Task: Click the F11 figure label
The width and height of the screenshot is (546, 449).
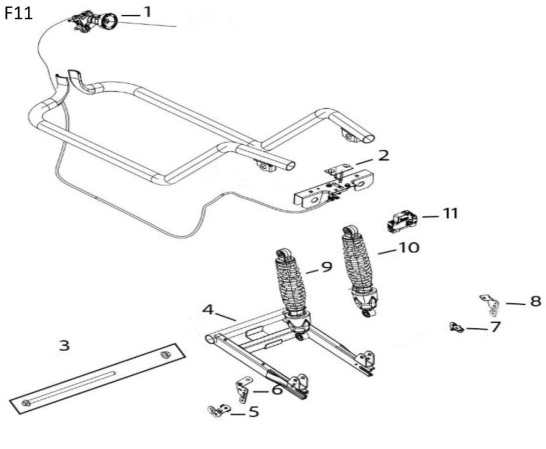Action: (19, 13)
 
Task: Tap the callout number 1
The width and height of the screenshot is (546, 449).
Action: (147, 12)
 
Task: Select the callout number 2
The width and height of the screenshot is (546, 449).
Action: (384, 156)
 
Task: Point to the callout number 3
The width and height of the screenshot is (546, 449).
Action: (64, 345)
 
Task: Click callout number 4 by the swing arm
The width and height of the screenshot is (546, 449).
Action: (207, 310)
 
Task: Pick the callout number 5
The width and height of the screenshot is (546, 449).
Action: (253, 411)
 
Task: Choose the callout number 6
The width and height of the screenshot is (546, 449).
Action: (277, 390)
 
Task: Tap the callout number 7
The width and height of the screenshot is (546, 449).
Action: (495, 327)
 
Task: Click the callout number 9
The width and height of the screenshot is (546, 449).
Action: (327, 267)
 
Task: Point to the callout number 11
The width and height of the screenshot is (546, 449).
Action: (450, 214)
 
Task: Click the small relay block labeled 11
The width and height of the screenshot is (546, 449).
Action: (402, 221)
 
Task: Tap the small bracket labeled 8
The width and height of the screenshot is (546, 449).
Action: (490, 305)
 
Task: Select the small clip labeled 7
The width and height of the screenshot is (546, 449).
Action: (456, 328)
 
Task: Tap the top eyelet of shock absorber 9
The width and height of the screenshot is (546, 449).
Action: (283, 255)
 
